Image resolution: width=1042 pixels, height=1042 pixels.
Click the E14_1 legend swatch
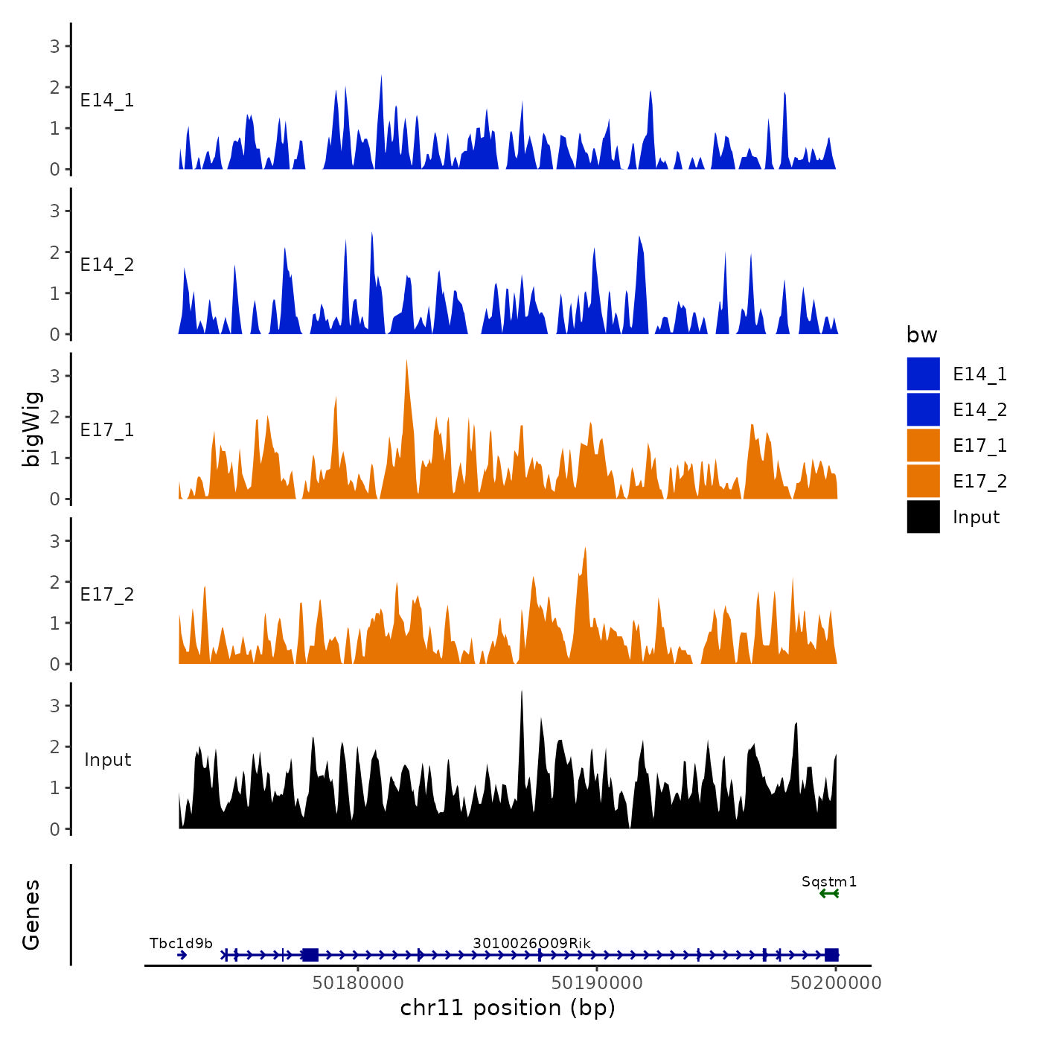click(923, 374)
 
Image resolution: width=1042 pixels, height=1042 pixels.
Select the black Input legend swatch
click(923, 517)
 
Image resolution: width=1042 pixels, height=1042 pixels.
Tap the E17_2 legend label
click(979, 482)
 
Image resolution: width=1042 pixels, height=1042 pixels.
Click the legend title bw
click(921, 335)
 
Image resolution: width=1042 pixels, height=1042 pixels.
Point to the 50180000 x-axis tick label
click(358, 983)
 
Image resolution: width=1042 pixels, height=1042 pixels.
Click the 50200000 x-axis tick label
click(836, 983)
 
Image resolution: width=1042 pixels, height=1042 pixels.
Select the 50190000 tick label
click(597, 983)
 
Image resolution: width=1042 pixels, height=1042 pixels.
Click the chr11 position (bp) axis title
click(508, 1008)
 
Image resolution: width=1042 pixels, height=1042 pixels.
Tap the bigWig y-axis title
click(32, 429)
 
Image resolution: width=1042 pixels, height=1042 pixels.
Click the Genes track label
click(32, 915)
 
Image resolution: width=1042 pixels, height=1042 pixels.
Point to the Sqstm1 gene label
click(829, 882)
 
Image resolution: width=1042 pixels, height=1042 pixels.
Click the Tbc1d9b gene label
click(181, 944)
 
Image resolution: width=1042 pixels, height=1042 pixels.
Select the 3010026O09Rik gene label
click(531, 944)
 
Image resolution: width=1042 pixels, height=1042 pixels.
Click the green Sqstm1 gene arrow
click(829, 893)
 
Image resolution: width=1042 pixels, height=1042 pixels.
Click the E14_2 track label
click(107, 265)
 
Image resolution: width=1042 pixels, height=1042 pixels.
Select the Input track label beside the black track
click(107, 760)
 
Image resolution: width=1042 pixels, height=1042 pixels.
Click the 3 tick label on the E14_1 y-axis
click(55, 46)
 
